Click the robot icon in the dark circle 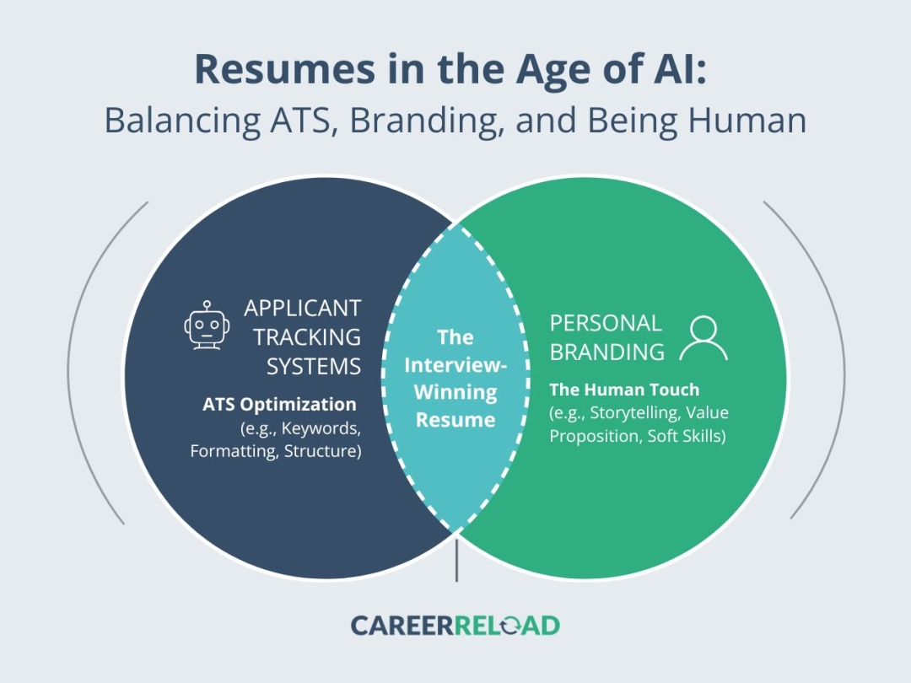pyautogui.click(x=207, y=325)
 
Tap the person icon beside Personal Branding pyautogui.click(x=703, y=339)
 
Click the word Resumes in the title pyautogui.click(x=285, y=70)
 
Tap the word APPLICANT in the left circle pyautogui.click(x=303, y=309)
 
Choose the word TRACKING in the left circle pyautogui.click(x=307, y=337)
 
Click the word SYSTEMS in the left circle pyautogui.click(x=314, y=367)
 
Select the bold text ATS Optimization pyautogui.click(x=279, y=405)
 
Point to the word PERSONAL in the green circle pyautogui.click(x=606, y=323)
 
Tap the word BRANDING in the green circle pyautogui.click(x=607, y=352)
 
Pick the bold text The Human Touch pyautogui.click(x=624, y=390)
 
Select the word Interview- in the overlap pyautogui.click(x=455, y=365)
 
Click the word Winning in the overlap pyautogui.click(x=455, y=393)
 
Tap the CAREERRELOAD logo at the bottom pyautogui.click(x=455, y=626)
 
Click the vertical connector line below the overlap pyautogui.click(x=456, y=560)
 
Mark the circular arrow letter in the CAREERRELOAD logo pyautogui.click(x=510, y=626)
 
